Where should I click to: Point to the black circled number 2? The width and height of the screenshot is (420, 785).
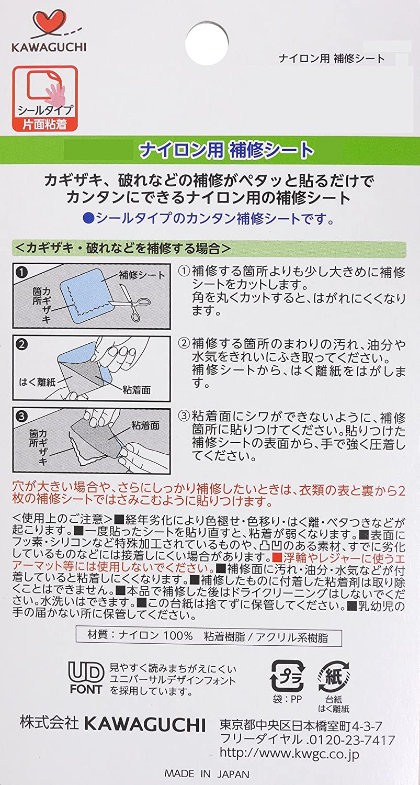22,344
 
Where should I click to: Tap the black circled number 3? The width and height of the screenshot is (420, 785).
22,416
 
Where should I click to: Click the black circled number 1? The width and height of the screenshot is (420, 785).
22,272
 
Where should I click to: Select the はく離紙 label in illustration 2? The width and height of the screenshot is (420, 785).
37,382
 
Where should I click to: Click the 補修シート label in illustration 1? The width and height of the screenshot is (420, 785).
142,275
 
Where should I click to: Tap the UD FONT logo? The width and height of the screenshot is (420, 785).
86,678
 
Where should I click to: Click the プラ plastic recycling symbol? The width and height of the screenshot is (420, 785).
287,676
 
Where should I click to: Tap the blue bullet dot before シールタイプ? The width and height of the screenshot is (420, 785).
88,219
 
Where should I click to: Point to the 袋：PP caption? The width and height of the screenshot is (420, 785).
287,699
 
